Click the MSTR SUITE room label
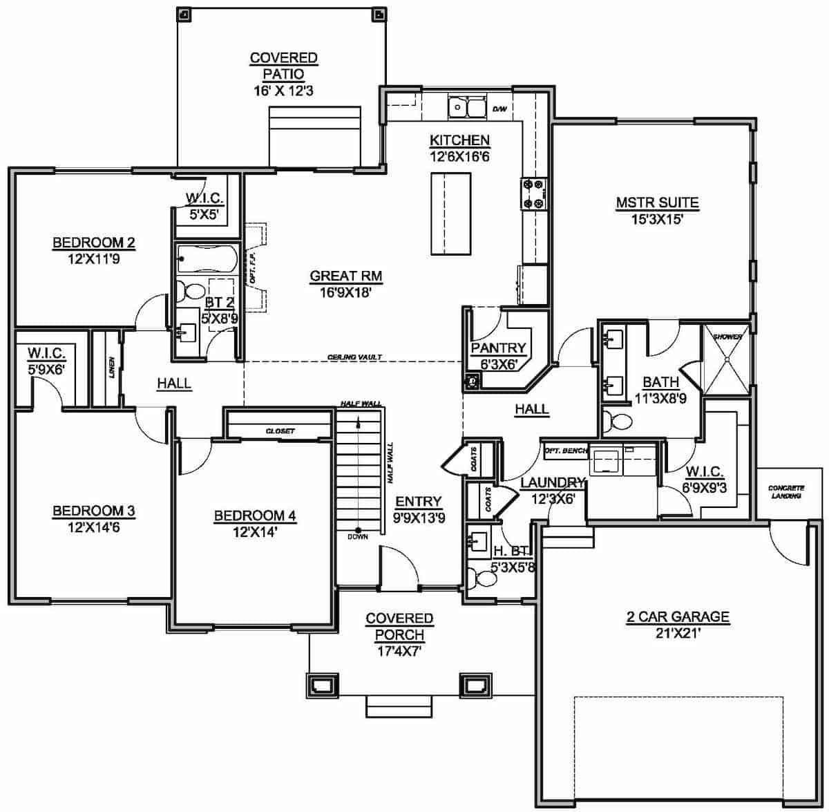657,203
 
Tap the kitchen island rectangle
450,214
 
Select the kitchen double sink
468,108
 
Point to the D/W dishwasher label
499,109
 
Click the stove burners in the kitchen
533,193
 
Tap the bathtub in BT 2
207,259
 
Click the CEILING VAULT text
354,357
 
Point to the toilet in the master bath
616,422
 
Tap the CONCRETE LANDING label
786,492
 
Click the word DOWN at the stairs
358,536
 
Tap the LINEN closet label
112,370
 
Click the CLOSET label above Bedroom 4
280,431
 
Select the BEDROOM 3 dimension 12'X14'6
94,527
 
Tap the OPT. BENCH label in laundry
565,451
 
